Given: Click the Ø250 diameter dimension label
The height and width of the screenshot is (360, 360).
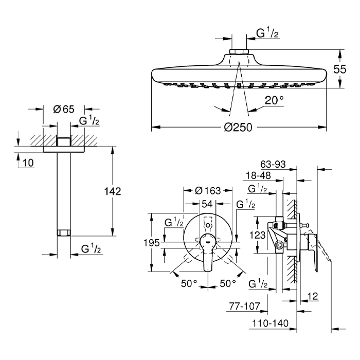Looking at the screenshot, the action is coord(238,127).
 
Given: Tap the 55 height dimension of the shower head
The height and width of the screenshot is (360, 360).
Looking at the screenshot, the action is coord(339,69).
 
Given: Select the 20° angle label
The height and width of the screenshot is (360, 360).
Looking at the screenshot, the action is coord(274,100).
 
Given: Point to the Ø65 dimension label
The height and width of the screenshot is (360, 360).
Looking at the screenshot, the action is coord(64,109).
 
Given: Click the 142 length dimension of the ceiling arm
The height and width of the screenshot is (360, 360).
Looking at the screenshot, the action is coord(113,191).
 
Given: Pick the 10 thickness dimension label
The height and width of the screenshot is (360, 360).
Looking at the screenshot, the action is coord(28,163).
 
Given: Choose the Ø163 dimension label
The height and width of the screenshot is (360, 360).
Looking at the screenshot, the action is coord(208,191).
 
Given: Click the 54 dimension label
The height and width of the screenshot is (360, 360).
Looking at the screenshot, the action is coord(207,204).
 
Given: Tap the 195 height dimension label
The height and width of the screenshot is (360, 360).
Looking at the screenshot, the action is coord(151,243).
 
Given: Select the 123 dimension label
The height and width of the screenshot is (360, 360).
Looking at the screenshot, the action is coord(257,235).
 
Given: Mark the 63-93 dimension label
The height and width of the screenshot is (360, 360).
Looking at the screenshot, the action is coord(273,165).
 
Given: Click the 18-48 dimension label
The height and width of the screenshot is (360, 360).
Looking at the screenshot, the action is coord(258,176).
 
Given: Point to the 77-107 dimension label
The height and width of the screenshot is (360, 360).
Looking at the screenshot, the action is coord(244,306).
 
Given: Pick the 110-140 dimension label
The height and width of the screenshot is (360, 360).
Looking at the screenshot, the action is coord(270,323).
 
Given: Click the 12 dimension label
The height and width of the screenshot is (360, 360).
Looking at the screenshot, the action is coord(313,296).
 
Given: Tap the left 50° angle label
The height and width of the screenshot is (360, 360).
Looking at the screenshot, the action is coord(189,283).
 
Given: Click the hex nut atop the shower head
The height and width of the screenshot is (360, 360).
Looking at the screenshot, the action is coord(239,51).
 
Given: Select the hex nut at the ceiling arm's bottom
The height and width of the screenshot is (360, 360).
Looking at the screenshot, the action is coord(64,232).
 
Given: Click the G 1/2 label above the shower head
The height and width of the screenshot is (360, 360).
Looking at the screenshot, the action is coord(267,33).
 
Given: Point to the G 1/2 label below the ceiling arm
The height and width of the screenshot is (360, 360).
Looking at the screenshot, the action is coord(91,248).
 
